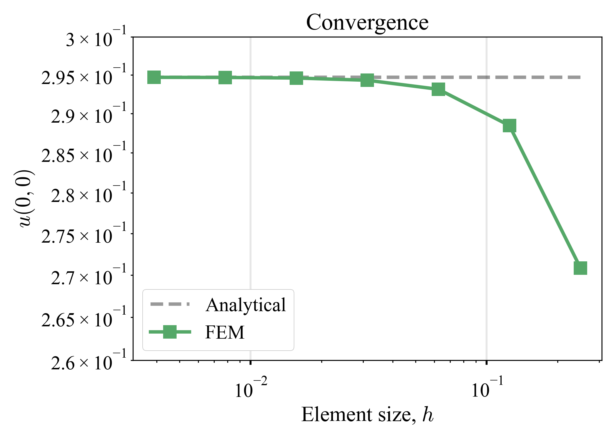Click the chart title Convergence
(367, 23)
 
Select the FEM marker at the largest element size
(580, 268)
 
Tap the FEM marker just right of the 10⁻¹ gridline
(509, 126)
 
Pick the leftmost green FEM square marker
(154, 77)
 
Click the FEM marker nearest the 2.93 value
(438, 89)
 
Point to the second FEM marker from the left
(225, 78)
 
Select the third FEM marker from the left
(296, 78)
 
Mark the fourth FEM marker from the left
(367, 80)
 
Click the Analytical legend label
(245, 305)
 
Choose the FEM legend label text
(225, 332)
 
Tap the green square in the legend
(170, 332)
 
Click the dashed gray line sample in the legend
(170, 304)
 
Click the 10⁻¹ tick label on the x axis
(487, 388)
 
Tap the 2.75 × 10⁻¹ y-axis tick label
(84, 235)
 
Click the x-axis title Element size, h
(367, 415)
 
